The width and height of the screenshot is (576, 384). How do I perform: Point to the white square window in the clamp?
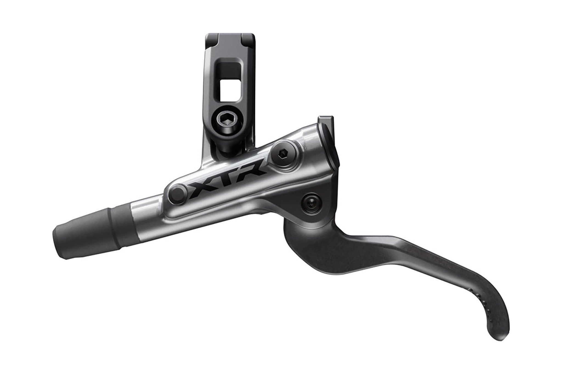[228, 86]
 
